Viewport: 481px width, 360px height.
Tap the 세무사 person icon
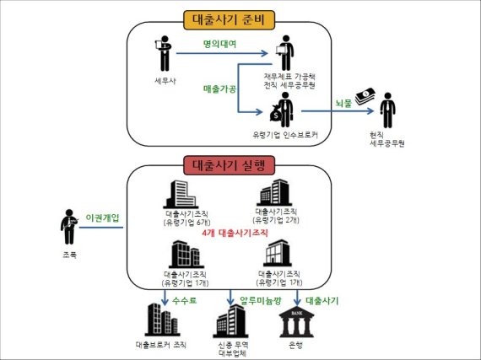[163, 55]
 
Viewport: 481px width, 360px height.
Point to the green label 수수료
[186, 300]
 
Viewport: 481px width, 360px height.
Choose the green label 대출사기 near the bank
[322, 300]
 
